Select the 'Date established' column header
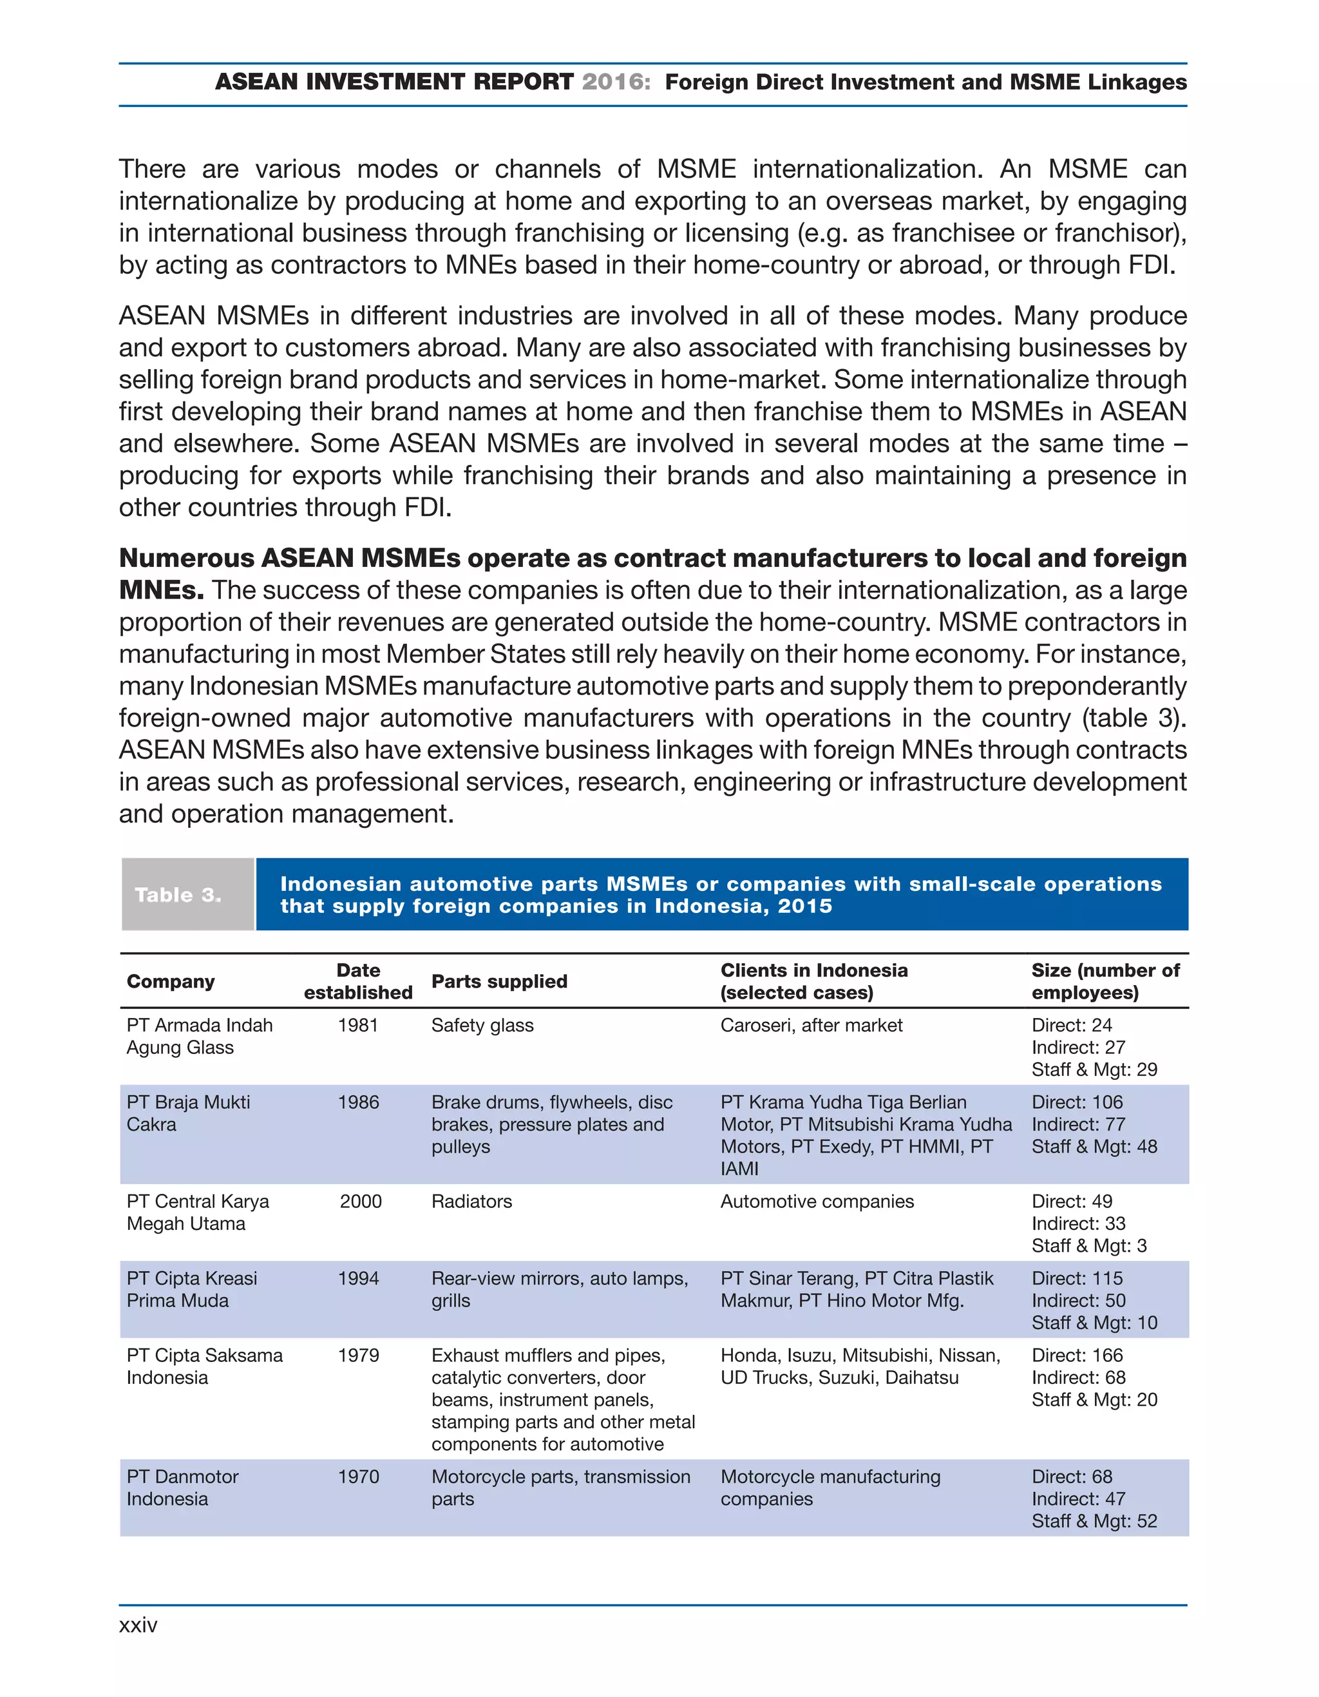[x=358, y=981]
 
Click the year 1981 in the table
[x=358, y=1025]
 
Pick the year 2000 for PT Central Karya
[x=361, y=1202]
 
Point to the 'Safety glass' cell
[x=482, y=1025]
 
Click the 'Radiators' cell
[x=471, y=1202]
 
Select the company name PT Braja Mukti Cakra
[x=188, y=1113]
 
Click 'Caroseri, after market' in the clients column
[x=811, y=1025]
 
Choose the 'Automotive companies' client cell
[x=817, y=1202]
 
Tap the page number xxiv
[x=138, y=1625]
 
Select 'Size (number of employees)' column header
[x=1105, y=981]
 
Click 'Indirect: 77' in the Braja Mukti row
[x=1077, y=1124]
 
